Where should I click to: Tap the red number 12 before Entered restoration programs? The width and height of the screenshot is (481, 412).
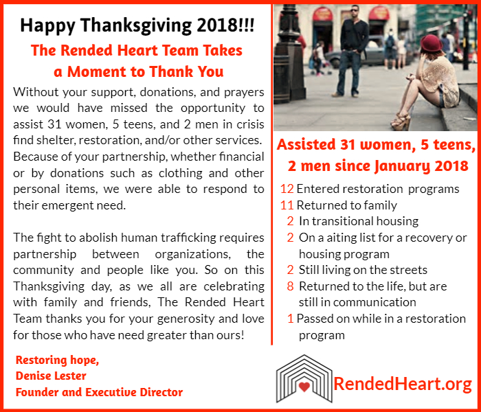287,189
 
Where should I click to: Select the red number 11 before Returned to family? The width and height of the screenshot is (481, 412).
287,205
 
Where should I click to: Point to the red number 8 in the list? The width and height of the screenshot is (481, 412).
290,286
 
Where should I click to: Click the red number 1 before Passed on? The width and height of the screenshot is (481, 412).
291,319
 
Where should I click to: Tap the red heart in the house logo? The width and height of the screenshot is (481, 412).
304,387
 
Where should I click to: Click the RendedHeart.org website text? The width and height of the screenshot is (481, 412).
403,384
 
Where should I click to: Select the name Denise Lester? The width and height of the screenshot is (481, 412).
51,376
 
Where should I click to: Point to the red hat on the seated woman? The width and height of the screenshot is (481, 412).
431,43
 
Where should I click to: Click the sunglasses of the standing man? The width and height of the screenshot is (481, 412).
355,10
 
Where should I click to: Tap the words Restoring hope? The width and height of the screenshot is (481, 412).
57,360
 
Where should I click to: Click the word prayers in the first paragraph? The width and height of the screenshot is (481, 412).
244,93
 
